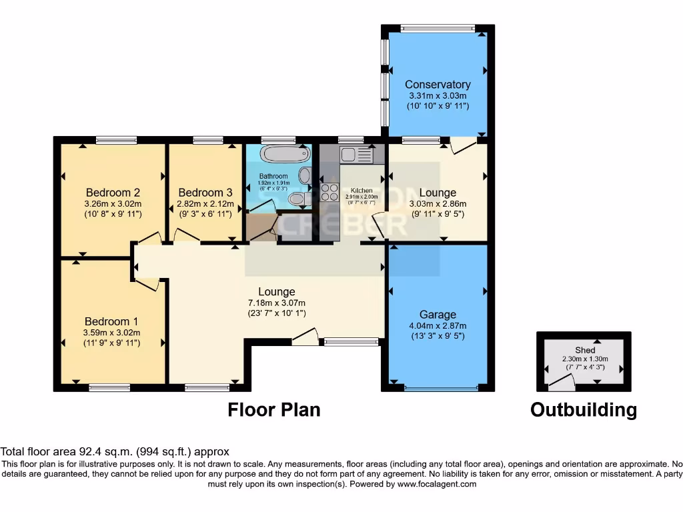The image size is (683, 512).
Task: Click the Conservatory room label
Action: click(x=438, y=85)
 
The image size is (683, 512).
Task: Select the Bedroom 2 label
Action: click(x=113, y=193)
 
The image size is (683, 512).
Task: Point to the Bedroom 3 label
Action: click(x=205, y=193)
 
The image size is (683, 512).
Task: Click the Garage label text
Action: click(x=438, y=315)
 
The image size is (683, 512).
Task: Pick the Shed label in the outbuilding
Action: click(x=585, y=350)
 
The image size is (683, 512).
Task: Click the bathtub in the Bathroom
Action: click(x=285, y=155)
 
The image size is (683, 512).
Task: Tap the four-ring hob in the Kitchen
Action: click(x=329, y=192)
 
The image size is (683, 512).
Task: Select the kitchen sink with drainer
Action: click(x=358, y=155)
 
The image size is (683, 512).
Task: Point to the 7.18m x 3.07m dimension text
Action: click(x=277, y=303)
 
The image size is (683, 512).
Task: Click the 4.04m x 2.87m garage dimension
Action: click(x=438, y=325)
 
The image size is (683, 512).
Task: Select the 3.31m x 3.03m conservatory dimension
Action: click(x=438, y=95)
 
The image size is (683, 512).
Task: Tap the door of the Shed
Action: click(x=560, y=383)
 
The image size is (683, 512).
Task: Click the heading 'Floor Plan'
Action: click(x=274, y=409)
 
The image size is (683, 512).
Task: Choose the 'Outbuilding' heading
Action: click(x=583, y=409)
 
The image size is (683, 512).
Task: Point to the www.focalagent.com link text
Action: click(x=437, y=484)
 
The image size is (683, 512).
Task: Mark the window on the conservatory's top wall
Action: click(x=438, y=29)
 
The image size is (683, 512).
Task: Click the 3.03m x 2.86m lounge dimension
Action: click(x=438, y=204)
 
